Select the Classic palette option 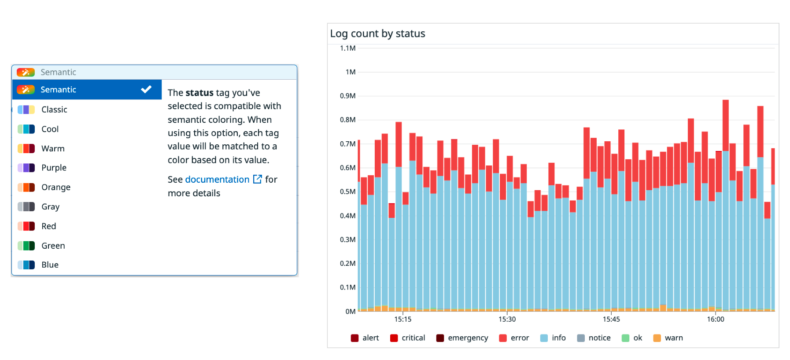pyautogui.click(x=54, y=110)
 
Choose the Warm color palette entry pyautogui.click(x=53, y=149)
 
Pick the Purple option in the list pyautogui.click(x=54, y=168)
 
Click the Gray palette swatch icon pyautogui.click(x=26, y=207)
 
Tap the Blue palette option pyautogui.click(x=50, y=265)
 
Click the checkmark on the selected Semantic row pyautogui.click(x=146, y=89)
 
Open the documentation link pyautogui.click(x=217, y=180)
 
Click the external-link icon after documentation pyautogui.click(x=258, y=179)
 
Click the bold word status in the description pyautogui.click(x=199, y=93)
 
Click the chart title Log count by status pyautogui.click(x=377, y=34)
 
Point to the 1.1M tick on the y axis pyautogui.click(x=347, y=48)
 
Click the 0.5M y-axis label pyautogui.click(x=347, y=192)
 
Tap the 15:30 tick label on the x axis pyautogui.click(x=507, y=320)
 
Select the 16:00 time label pyautogui.click(x=715, y=320)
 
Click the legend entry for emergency pyautogui.click(x=468, y=338)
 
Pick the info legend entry pyautogui.click(x=558, y=338)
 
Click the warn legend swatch pyautogui.click(x=657, y=338)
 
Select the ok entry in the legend pyautogui.click(x=637, y=338)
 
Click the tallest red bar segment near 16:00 pyautogui.click(x=725, y=125)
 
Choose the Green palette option pyautogui.click(x=53, y=246)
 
